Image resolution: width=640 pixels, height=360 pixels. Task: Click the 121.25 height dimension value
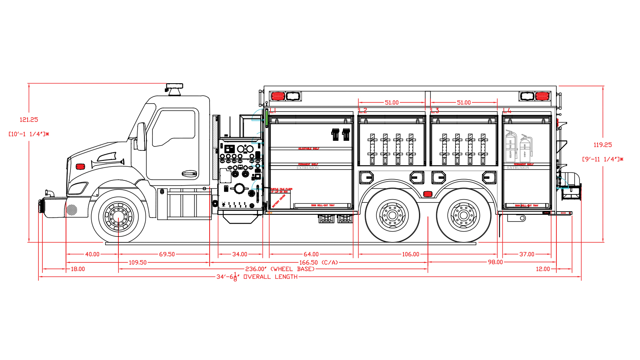29,120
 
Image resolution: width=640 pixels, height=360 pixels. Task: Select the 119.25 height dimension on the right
602,145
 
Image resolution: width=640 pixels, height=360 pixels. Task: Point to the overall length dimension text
257,277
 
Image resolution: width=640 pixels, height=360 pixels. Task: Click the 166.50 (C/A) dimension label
319,262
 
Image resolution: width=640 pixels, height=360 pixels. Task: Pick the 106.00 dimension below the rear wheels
410,254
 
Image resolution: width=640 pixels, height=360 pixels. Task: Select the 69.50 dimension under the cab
167,254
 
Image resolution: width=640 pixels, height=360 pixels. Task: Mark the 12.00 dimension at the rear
543,269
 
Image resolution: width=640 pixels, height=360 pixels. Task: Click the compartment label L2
363,110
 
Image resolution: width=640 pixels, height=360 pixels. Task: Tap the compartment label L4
507,110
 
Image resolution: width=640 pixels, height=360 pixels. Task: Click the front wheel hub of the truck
118,216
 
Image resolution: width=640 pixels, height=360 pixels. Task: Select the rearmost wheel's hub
464,216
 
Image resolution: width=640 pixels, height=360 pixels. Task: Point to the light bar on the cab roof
174,86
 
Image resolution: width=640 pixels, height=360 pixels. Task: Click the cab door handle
189,174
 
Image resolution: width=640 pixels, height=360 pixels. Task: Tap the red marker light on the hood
80,166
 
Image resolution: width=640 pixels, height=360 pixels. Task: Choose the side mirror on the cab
141,136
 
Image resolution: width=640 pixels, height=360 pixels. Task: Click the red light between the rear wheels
428,194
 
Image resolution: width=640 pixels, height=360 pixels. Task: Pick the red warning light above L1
278,96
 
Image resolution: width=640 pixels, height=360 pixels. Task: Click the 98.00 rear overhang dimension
495,262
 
